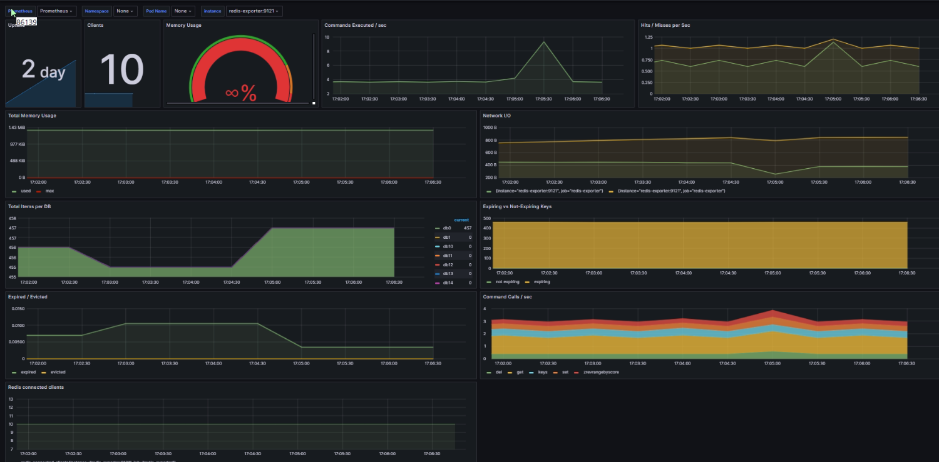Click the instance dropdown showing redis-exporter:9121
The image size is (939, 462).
tap(254, 11)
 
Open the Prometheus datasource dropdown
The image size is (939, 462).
tap(56, 11)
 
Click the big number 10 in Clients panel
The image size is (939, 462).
tap(121, 69)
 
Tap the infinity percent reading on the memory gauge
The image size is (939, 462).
tap(240, 93)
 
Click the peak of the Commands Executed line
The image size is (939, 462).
tap(544, 42)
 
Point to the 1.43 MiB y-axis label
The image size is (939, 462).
tap(16, 128)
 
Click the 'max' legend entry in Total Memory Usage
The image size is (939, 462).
tap(49, 191)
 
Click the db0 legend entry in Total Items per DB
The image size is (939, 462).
tap(447, 228)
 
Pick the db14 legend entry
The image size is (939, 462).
tap(448, 283)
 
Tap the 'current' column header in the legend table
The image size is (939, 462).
tap(461, 220)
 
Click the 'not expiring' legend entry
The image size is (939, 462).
tap(506, 282)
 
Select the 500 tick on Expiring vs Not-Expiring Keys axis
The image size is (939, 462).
tap(486, 219)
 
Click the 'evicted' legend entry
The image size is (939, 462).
tap(57, 372)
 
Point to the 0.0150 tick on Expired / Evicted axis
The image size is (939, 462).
tap(17, 309)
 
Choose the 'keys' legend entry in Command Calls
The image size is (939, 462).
tap(543, 372)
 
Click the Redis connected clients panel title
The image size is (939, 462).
tap(36, 387)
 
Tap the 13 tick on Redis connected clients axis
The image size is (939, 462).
tap(11, 407)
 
